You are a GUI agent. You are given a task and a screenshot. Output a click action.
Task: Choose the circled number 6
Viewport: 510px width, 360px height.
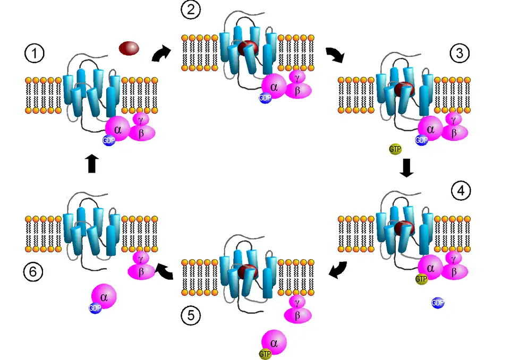pyautogui.click(x=33, y=272)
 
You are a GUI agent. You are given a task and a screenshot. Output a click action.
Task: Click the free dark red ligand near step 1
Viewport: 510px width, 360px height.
pyautogui.click(x=129, y=48)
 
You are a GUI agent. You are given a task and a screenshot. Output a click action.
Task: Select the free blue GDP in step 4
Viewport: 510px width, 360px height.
pyautogui.click(x=438, y=303)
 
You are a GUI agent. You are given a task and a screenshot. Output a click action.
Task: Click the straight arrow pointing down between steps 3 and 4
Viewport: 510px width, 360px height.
pyautogui.click(x=406, y=168)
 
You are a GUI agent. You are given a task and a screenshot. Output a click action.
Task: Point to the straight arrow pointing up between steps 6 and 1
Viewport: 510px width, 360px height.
pyautogui.click(x=91, y=163)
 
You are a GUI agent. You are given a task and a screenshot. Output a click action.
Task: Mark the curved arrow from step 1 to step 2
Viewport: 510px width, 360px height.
pyautogui.click(x=161, y=54)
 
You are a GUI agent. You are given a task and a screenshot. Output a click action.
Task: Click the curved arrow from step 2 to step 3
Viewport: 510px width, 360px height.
pyautogui.click(x=335, y=54)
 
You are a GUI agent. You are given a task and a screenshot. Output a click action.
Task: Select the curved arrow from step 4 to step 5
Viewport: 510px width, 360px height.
pyautogui.click(x=338, y=270)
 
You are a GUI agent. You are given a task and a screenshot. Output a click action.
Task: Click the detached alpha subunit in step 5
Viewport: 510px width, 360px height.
pyautogui.click(x=274, y=340)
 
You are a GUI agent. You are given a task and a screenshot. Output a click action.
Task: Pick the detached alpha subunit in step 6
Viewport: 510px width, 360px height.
pyautogui.click(x=104, y=296)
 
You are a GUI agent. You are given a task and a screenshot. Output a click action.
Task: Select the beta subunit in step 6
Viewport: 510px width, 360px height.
pyautogui.click(x=141, y=272)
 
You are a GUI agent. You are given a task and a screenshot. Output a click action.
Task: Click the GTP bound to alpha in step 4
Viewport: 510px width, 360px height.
pyautogui.click(x=421, y=279)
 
